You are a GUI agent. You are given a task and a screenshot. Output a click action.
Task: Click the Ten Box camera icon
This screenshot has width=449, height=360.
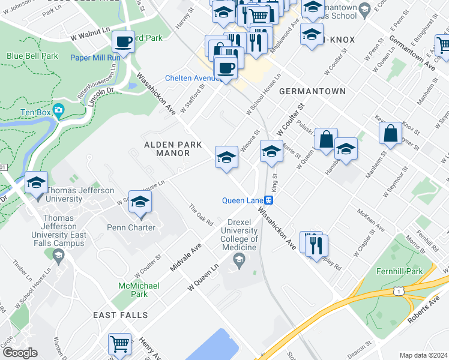pos(58,110)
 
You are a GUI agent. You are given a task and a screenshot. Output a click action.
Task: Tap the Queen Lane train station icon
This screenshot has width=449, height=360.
pos(270,200)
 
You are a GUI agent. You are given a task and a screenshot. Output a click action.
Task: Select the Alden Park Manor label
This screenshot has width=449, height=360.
pos(167,149)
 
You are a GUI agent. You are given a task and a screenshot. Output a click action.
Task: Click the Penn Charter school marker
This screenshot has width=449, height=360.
pos(140,203)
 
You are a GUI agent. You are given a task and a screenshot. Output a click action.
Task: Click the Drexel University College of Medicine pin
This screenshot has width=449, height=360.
pos(238,259)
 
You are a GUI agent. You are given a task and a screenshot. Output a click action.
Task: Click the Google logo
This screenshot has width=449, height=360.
pos(20,353)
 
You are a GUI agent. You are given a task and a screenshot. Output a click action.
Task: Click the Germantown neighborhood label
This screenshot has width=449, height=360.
pos(312,91)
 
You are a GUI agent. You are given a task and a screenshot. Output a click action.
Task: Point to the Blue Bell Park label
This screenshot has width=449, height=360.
pos(32,56)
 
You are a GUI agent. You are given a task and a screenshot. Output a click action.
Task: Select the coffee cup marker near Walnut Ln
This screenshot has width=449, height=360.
pos(123,42)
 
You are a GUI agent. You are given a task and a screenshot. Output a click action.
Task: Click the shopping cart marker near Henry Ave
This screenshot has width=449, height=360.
pos(119,344)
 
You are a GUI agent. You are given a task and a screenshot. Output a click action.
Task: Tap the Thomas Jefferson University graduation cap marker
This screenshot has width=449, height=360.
pos(36,182)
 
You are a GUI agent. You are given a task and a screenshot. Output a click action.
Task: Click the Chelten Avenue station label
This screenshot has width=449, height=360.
pos(193,79)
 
